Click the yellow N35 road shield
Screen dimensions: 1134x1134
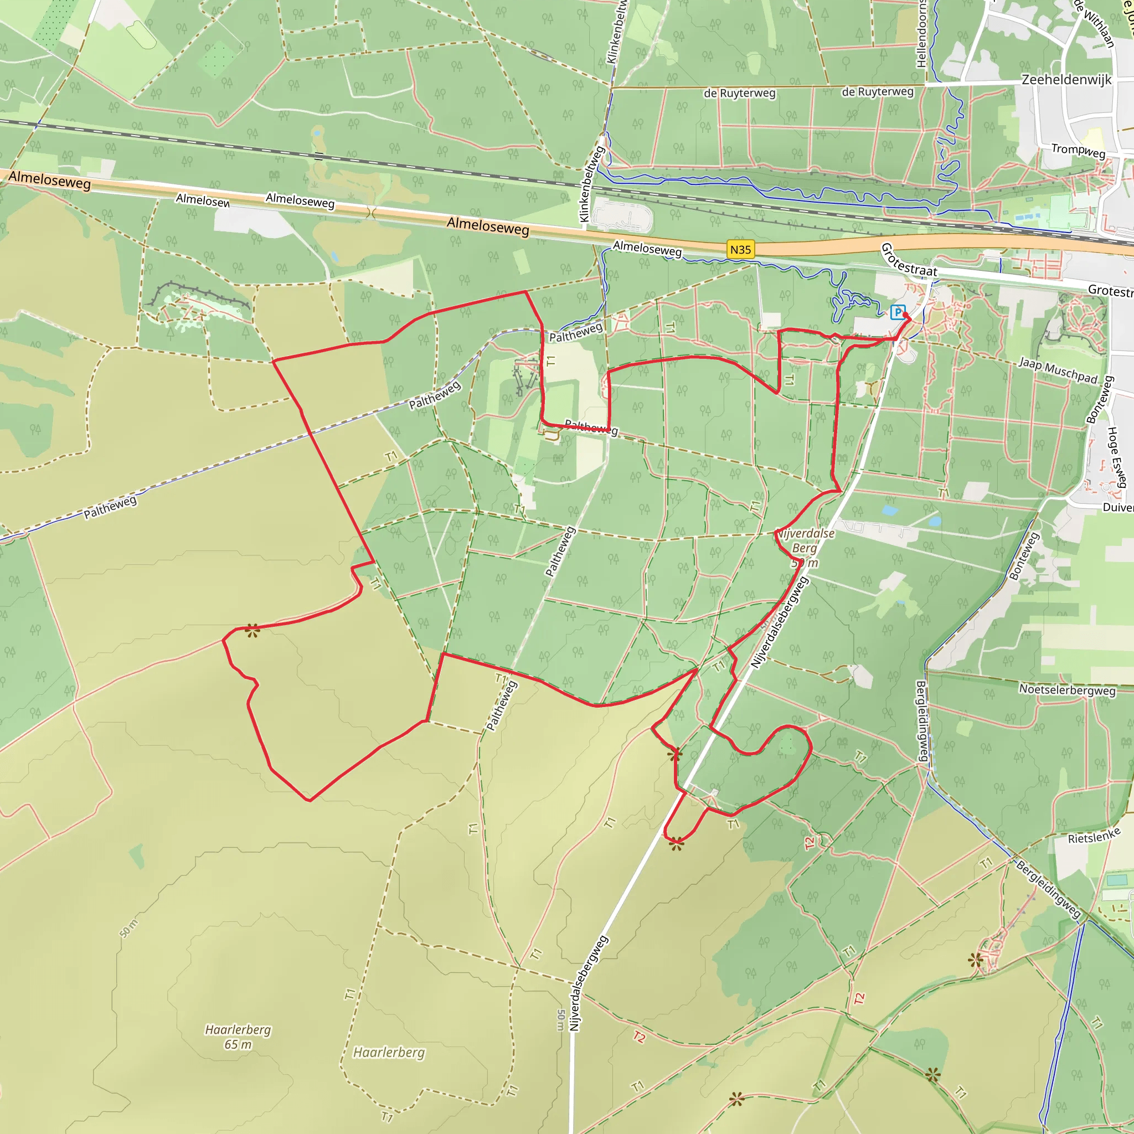click(740, 250)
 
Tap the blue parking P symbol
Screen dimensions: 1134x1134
click(897, 312)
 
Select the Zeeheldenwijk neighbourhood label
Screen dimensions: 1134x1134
click(1066, 80)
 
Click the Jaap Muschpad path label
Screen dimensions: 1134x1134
click(1058, 370)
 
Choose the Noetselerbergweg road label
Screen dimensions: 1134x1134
click(1067, 690)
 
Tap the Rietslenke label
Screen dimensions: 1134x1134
click(1094, 836)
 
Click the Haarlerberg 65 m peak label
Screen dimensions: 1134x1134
click(238, 1037)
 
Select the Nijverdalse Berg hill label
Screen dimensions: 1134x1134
click(805, 540)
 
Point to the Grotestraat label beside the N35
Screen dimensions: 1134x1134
click(909, 261)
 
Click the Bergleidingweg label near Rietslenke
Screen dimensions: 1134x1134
click(1048, 890)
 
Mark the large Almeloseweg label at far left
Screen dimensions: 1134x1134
click(50, 180)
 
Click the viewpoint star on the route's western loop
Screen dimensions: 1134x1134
click(252, 631)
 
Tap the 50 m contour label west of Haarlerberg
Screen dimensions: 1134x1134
click(128, 928)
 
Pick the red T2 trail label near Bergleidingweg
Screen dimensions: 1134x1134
click(859, 998)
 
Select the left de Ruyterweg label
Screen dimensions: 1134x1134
click(740, 94)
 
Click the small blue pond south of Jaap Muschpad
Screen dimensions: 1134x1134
click(890, 510)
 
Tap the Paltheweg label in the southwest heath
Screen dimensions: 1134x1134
click(110, 507)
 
